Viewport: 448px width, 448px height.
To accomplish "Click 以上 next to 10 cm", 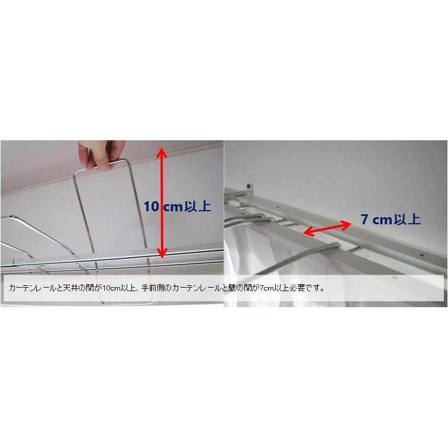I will pyautogui.click(x=198, y=207).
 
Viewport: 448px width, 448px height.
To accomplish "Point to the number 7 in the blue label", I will pyautogui.click(x=365, y=220).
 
